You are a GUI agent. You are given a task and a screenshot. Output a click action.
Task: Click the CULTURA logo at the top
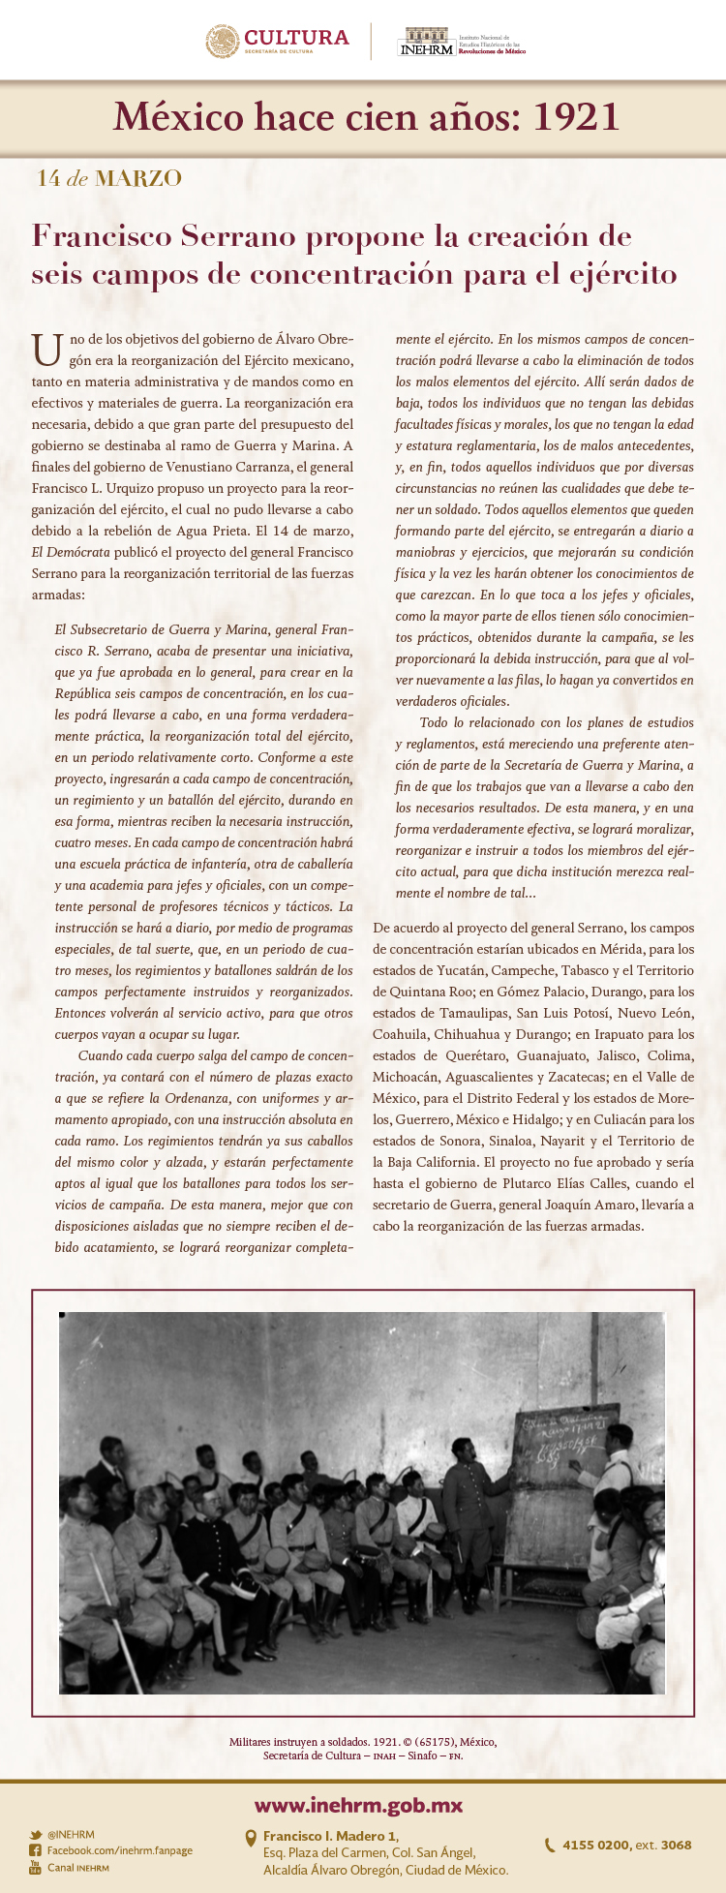pyautogui.click(x=277, y=41)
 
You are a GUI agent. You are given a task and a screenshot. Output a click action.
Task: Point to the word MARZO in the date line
pyautogui.click(x=138, y=179)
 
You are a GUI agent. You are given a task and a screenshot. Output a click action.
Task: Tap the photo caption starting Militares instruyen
pyautogui.click(x=363, y=1748)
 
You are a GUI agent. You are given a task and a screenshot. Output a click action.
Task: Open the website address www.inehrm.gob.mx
pyautogui.click(x=358, y=1806)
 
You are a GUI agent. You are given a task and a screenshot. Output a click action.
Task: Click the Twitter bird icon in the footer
pyautogui.click(x=36, y=1834)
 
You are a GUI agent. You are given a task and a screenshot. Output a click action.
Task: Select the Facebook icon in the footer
pyautogui.click(x=36, y=1850)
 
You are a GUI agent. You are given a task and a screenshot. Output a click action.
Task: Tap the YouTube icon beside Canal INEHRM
pyautogui.click(x=36, y=1867)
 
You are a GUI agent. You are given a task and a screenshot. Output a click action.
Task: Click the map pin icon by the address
pyautogui.click(x=251, y=1837)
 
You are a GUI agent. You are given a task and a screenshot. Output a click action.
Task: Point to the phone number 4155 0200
pyautogui.click(x=594, y=1845)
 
